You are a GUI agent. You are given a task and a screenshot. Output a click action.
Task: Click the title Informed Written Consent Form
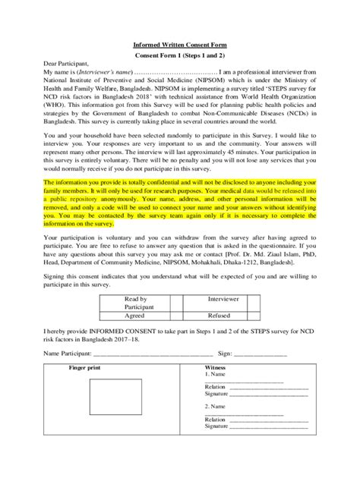(x=180, y=45)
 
